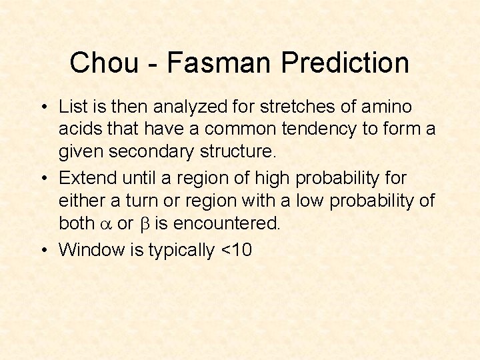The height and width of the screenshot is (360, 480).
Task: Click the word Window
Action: [x=87, y=250]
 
